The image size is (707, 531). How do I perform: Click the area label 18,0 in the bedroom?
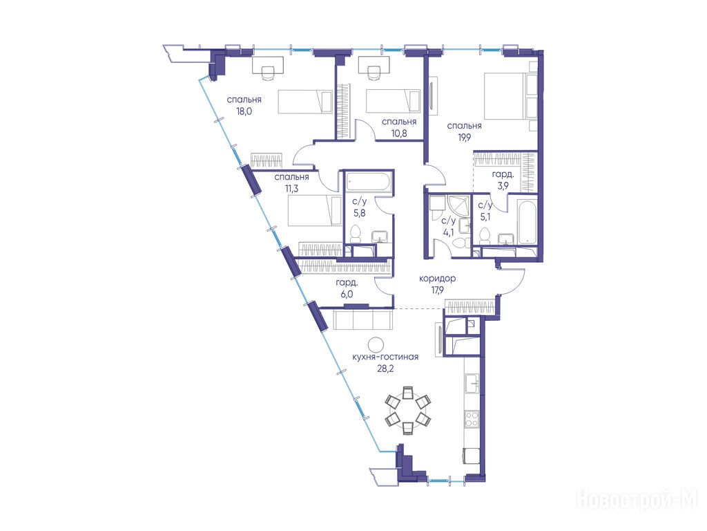[x=244, y=111]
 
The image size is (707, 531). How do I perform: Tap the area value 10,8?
[x=399, y=133]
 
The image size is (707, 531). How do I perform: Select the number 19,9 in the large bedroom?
[x=464, y=138]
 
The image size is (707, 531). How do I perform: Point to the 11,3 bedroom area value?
[x=292, y=189]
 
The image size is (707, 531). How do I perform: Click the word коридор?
[x=437, y=279]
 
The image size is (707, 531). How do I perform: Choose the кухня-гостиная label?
[x=385, y=357]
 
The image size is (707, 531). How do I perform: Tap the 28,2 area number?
[x=385, y=369]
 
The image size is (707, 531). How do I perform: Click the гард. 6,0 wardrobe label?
[x=347, y=288]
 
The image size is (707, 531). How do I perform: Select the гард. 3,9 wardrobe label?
[x=503, y=180]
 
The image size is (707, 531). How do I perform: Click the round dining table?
[x=407, y=411]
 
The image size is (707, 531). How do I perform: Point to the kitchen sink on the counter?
[x=472, y=384]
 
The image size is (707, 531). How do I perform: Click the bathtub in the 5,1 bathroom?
[x=527, y=222]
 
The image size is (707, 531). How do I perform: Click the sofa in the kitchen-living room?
[x=363, y=320]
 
